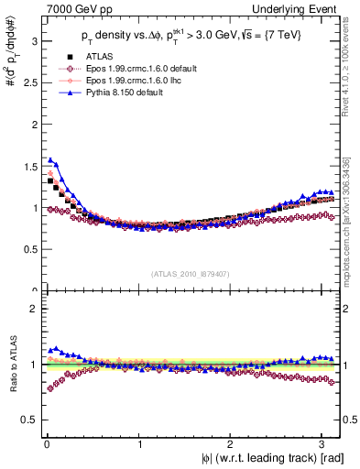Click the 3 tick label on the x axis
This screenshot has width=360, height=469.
click(x=325, y=445)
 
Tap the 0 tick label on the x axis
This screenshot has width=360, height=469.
click(x=46, y=445)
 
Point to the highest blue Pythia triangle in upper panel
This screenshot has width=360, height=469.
click(x=49, y=159)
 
